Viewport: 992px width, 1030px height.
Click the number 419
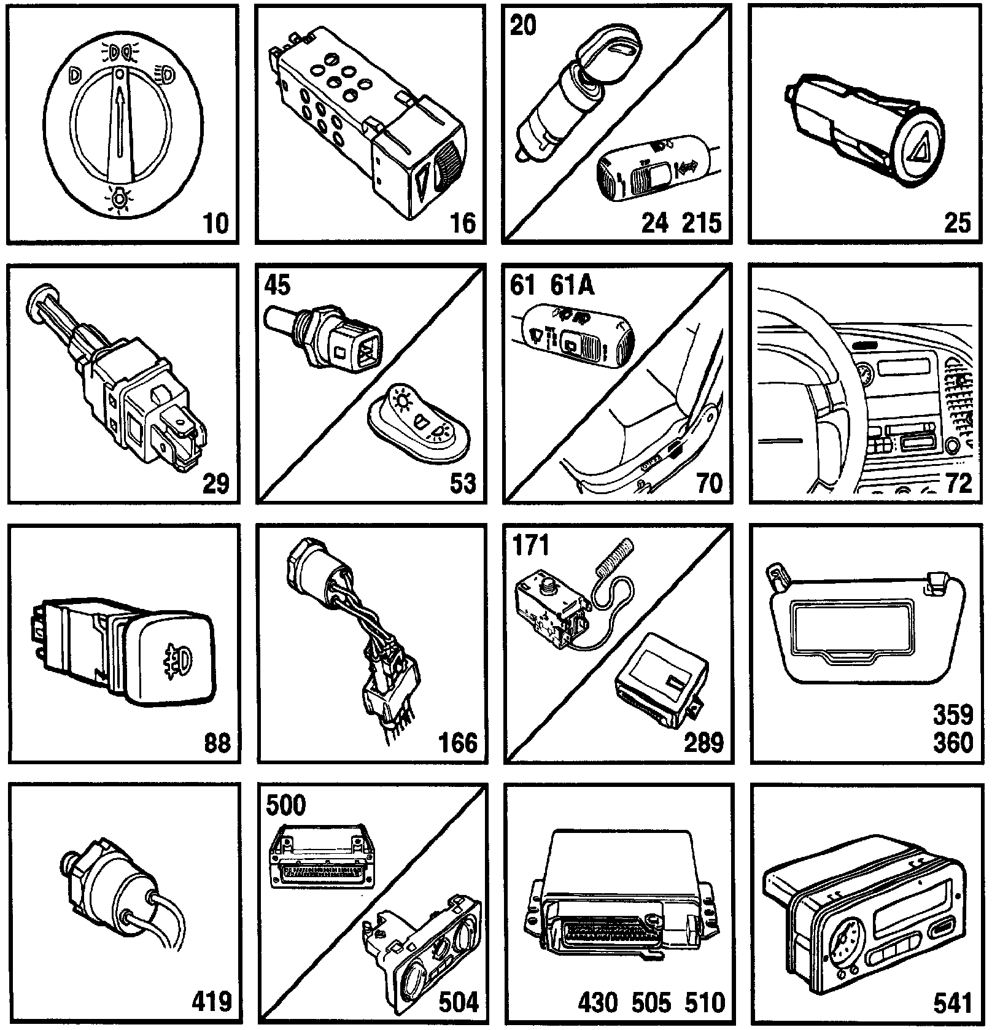[212, 1002]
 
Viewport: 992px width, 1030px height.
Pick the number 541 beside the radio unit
[953, 1003]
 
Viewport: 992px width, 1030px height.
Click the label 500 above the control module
[285, 805]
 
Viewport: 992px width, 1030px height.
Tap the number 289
[703, 743]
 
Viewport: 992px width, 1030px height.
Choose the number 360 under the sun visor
[953, 743]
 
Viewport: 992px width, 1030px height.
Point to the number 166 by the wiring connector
[458, 743]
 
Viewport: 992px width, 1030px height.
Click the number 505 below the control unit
[652, 1003]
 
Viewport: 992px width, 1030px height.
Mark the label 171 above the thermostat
[530, 544]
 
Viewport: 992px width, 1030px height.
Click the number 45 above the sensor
[277, 285]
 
